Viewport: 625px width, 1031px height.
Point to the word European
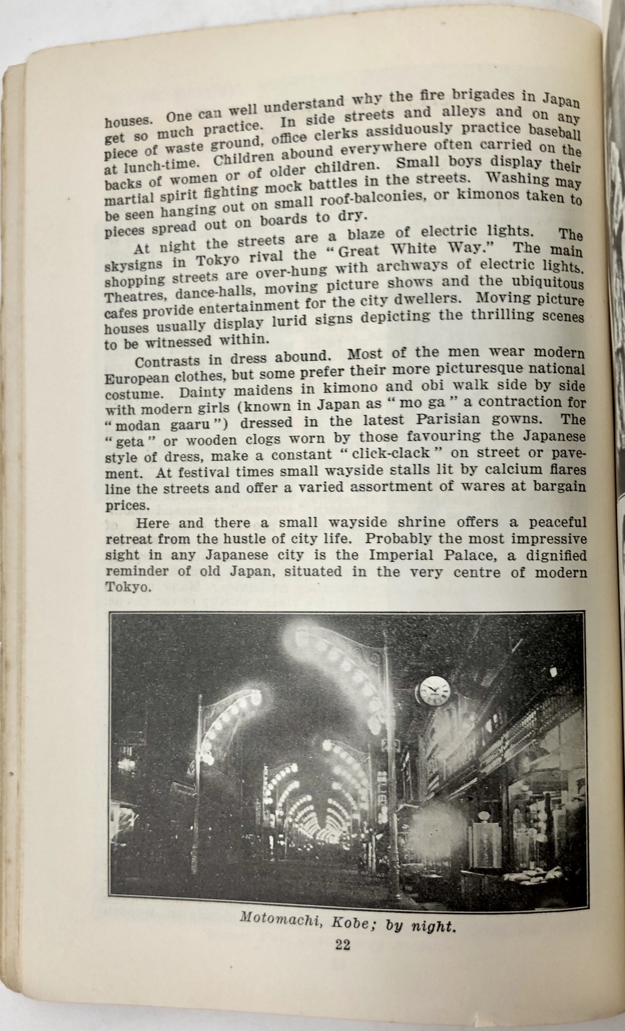[136, 378]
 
